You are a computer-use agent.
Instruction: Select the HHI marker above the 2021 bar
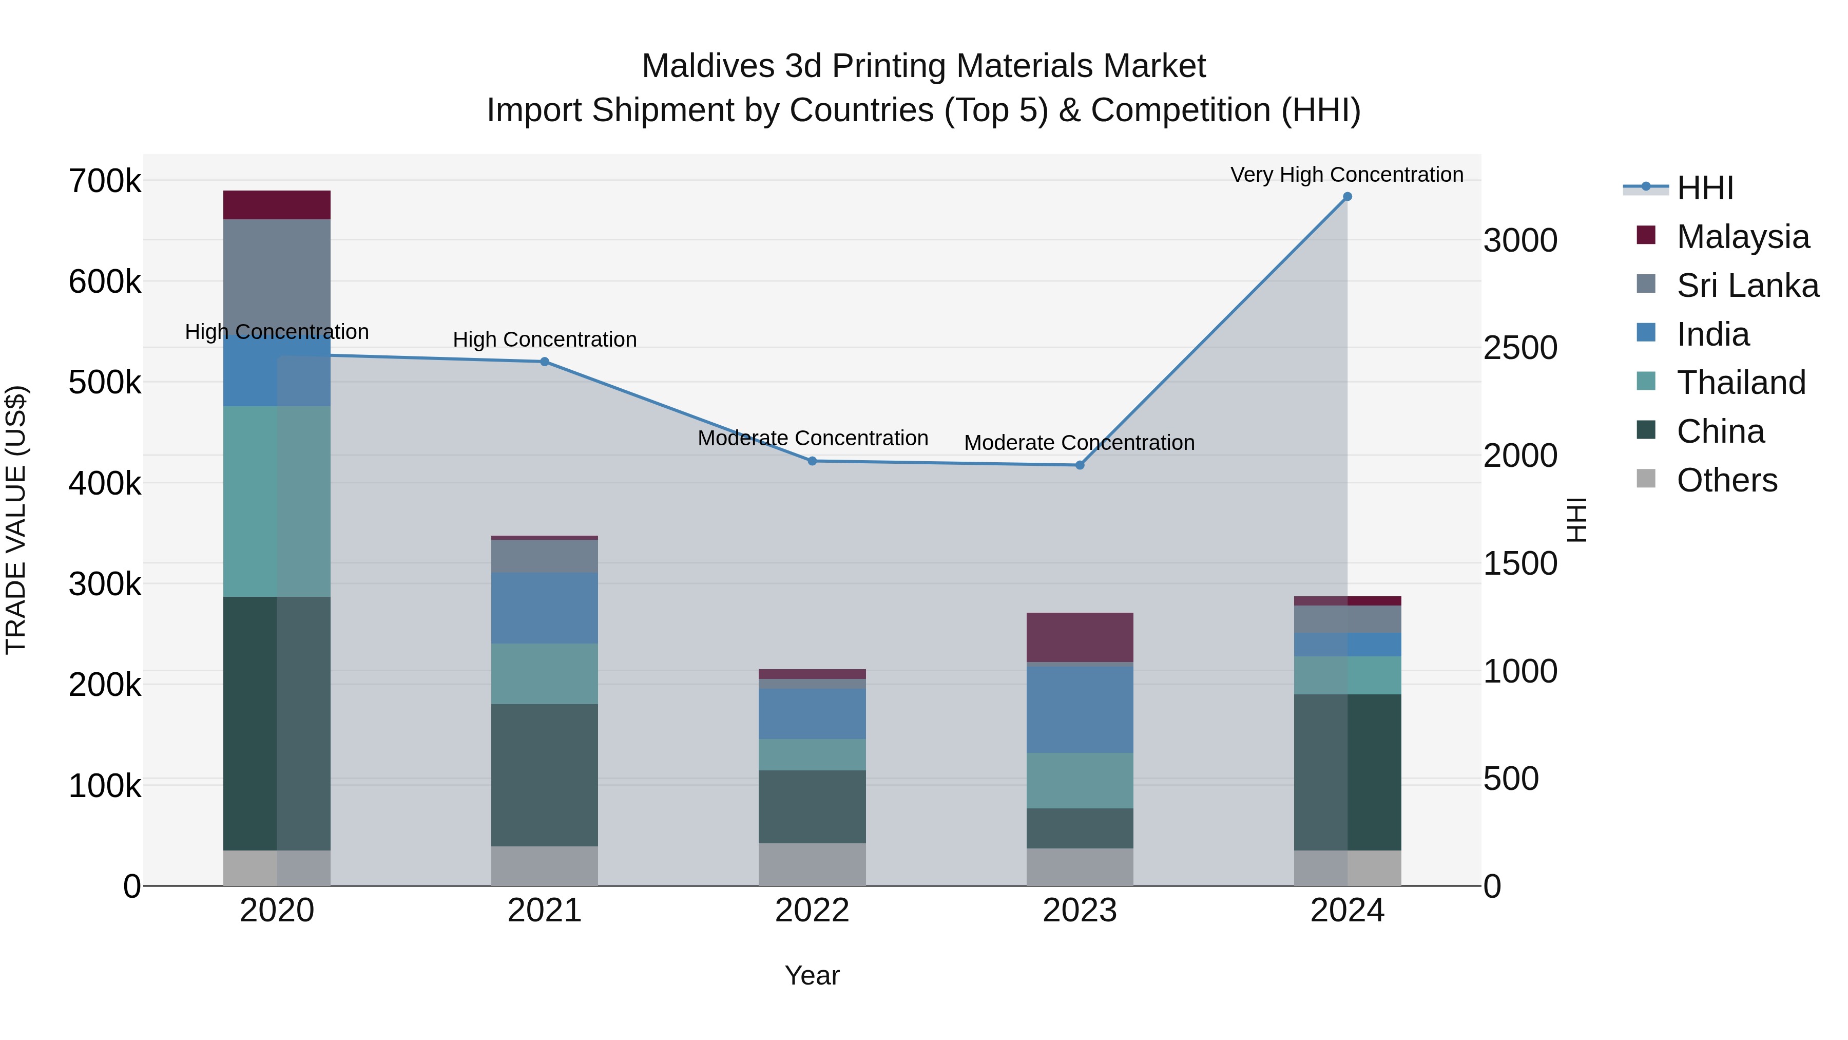pyautogui.click(x=545, y=362)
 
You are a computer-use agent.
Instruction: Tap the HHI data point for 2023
pyautogui.click(x=1080, y=465)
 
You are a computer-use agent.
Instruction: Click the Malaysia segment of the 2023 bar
pyautogui.click(x=1080, y=637)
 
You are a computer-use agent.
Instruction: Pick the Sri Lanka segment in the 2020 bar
pyautogui.click(x=277, y=273)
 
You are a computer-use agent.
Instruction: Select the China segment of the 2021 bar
pyautogui.click(x=545, y=774)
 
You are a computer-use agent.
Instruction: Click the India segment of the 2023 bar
pyautogui.click(x=1080, y=709)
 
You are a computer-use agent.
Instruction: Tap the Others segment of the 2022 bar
pyautogui.click(x=812, y=864)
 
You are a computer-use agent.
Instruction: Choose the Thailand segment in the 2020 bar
pyautogui.click(x=277, y=501)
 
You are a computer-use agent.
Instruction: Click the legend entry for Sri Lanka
pyautogui.click(x=1747, y=286)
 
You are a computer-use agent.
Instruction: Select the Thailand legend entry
pyautogui.click(x=1740, y=383)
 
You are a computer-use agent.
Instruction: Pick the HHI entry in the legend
pyautogui.click(x=1704, y=188)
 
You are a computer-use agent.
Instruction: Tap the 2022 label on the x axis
pyautogui.click(x=812, y=911)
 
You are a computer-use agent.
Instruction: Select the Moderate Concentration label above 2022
pyautogui.click(x=813, y=438)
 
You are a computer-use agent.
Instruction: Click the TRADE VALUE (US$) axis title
pyautogui.click(x=16, y=520)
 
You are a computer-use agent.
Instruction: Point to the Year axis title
pyautogui.click(x=812, y=975)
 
